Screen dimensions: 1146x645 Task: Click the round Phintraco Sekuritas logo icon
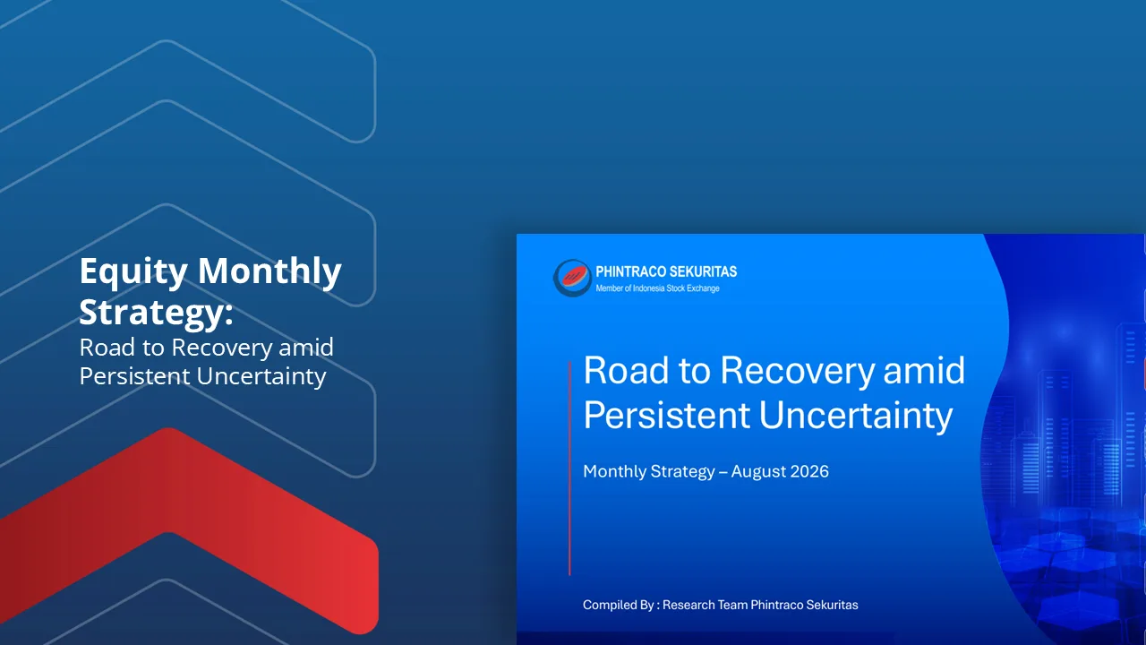coord(572,278)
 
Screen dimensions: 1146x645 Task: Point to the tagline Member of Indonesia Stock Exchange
coord(657,288)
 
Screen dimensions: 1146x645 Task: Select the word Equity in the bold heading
coord(133,271)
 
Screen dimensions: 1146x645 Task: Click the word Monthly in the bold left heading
coord(269,271)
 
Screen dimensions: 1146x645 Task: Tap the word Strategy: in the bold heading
coord(156,313)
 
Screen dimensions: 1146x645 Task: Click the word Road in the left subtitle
coord(107,347)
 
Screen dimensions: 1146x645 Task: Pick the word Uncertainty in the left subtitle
coord(261,376)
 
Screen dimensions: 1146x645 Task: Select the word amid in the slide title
coord(924,370)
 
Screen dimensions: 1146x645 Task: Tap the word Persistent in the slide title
coord(667,415)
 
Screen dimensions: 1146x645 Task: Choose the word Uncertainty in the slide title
coord(856,416)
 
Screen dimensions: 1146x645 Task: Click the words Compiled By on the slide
coord(618,605)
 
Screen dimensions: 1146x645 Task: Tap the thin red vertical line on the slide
coord(569,468)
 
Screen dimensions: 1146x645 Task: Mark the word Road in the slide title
coord(626,370)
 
